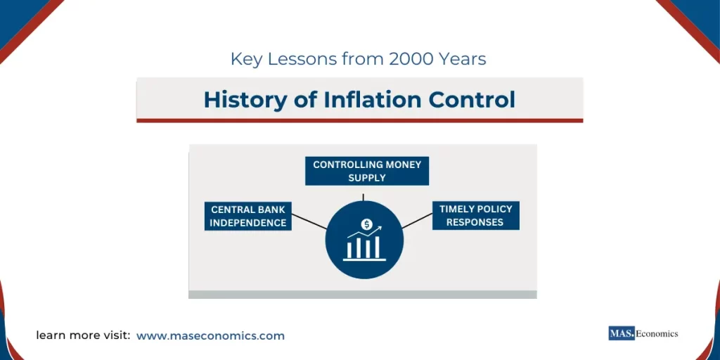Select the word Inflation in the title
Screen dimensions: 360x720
tap(360, 100)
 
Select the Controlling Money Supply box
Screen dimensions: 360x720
tap(366, 171)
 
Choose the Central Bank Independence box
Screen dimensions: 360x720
tap(248, 216)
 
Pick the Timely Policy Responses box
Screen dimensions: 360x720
tap(476, 215)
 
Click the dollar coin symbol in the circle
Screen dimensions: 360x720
tap(366, 224)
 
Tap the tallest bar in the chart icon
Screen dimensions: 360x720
tap(377, 247)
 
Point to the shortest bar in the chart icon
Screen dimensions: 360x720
tap(348, 250)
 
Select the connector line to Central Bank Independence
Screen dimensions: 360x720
tap(309, 222)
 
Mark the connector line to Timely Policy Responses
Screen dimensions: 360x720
tap(417, 221)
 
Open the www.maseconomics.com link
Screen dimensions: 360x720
tap(210, 336)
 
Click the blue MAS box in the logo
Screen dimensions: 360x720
tap(622, 333)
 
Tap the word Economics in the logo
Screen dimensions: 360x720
tap(657, 333)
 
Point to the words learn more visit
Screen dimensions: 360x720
tap(83, 336)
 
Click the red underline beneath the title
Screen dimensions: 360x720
tap(359, 120)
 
